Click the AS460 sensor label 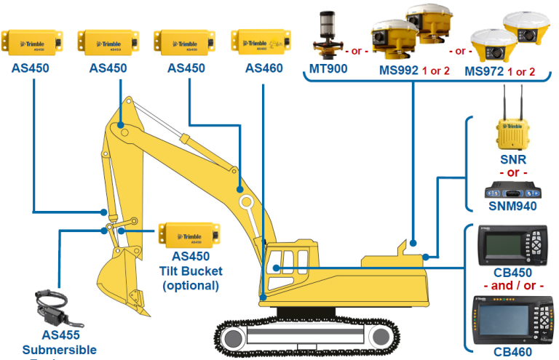click(263, 68)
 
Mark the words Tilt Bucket click(190, 271)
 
